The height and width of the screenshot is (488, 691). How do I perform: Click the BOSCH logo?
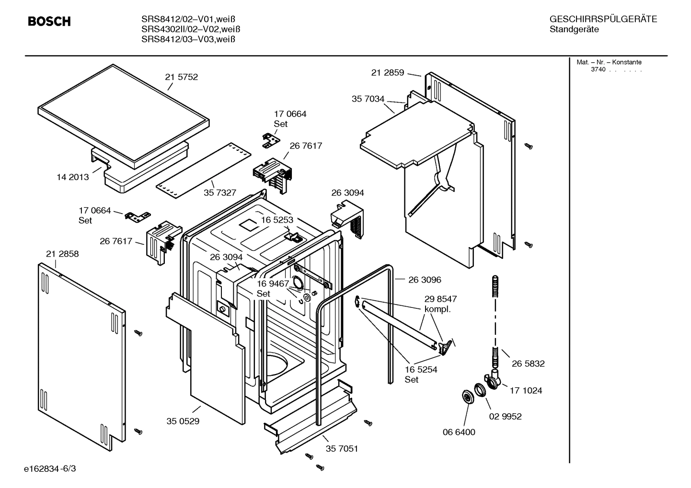coord(49,22)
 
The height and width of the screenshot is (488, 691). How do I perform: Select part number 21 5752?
coord(181,77)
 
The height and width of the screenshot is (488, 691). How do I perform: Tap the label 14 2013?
coord(73,177)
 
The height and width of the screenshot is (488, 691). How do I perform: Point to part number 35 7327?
coord(220,193)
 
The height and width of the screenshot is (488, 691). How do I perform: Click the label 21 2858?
coord(62,254)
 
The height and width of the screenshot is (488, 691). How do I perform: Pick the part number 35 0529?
coord(183,421)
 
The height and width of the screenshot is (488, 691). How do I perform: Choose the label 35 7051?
coord(342,449)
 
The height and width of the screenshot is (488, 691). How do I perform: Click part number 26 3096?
coord(425,280)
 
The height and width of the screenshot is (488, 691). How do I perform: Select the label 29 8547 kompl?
coord(440,304)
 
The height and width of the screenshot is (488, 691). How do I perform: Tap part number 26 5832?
coord(528,363)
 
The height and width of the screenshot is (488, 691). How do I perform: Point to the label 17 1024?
coord(526,390)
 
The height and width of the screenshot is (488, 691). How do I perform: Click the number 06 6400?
coord(459,432)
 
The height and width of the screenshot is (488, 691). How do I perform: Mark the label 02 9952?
coord(505,416)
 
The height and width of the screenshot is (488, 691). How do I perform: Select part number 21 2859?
coord(388,73)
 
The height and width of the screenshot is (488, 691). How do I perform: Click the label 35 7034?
coord(368,99)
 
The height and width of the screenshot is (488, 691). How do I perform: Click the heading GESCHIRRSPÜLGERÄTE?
coord(603,19)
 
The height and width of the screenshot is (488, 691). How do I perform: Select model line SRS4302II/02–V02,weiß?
coord(191,29)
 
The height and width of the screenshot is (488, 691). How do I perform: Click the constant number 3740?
coord(598,69)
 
